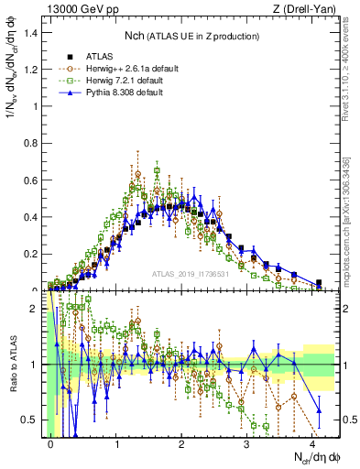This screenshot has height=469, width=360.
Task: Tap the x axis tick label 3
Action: coord(247,444)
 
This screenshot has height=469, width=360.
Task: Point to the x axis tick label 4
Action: coord(312,444)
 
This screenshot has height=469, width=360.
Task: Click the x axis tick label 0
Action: coord(51,444)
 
